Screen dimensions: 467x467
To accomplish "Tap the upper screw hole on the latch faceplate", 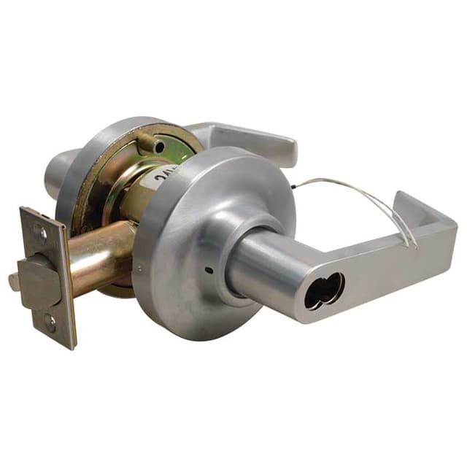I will (x=42, y=236).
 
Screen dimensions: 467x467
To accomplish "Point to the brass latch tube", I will (x=102, y=255).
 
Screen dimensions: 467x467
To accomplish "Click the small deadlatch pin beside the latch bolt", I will (x=13, y=281).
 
